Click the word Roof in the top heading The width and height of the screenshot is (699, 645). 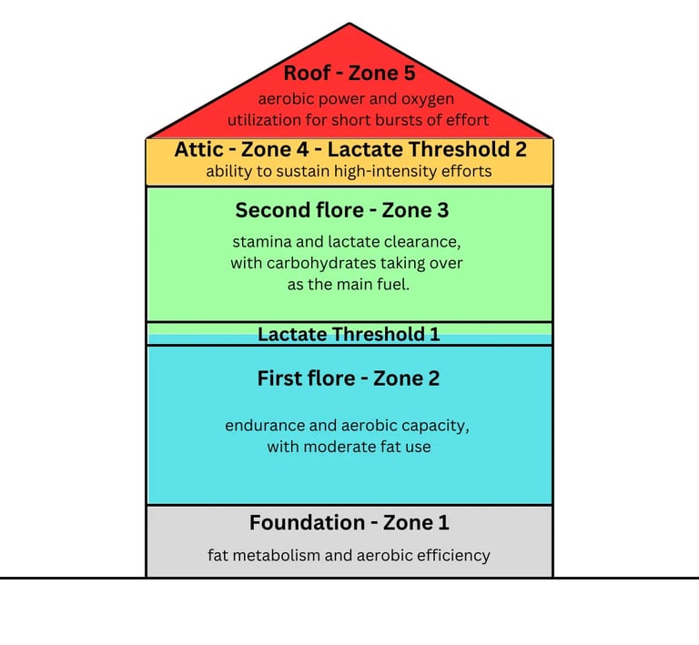click(307, 73)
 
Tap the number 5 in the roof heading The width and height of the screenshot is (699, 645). click(410, 73)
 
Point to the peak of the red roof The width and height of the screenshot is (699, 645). click(349, 23)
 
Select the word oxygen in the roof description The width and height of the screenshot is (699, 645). click(428, 99)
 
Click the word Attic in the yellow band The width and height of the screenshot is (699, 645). click(198, 149)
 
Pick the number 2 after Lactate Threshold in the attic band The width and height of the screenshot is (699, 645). click(521, 149)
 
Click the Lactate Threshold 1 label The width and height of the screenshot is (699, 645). click(349, 334)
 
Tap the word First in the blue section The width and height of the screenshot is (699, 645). click(274, 378)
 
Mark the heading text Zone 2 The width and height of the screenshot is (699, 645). click(407, 378)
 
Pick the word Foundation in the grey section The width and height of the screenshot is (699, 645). click(307, 522)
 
